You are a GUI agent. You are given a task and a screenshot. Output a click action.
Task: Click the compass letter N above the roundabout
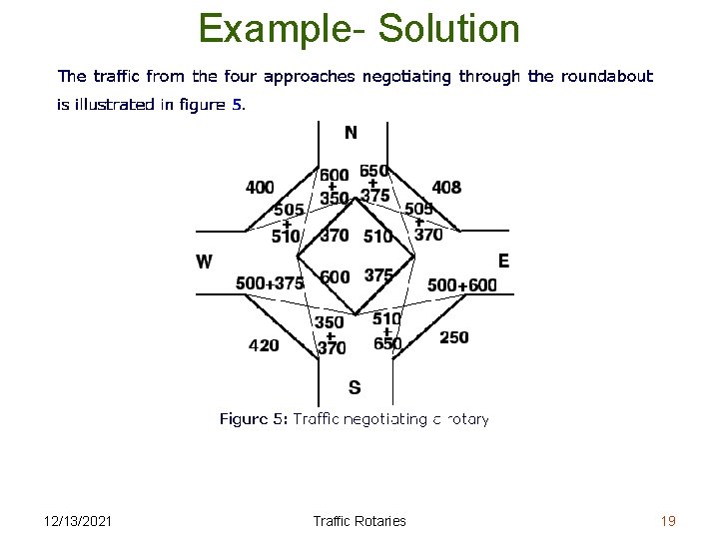tap(352, 133)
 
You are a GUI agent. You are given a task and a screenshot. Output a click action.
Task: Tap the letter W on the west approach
tap(204, 262)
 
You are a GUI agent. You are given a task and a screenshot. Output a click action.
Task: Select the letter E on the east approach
tap(503, 261)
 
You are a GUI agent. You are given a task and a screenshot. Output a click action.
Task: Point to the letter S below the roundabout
tap(355, 387)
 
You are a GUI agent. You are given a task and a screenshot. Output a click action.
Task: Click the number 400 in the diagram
tap(260, 188)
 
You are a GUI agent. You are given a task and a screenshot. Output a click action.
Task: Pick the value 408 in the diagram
tap(446, 188)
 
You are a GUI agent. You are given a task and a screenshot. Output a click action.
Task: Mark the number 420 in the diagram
tap(264, 345)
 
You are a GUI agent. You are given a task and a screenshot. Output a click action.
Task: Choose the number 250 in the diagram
tap(453, 337)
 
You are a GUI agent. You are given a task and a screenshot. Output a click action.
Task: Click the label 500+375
tap(270, 283)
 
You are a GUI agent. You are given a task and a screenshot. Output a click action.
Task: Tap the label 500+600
tap(461, 284)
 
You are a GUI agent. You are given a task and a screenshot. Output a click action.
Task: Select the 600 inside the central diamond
tap(336, 276)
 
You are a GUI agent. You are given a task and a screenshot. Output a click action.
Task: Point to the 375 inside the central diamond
tap(378, 274)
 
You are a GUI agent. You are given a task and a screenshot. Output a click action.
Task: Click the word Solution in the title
tap(456, 28)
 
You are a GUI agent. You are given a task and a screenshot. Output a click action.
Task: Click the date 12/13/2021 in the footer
tap(79, 521)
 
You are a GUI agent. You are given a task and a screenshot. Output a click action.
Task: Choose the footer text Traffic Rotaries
tap(359, 521)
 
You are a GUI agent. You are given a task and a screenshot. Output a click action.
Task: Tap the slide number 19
tap(668, 521)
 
